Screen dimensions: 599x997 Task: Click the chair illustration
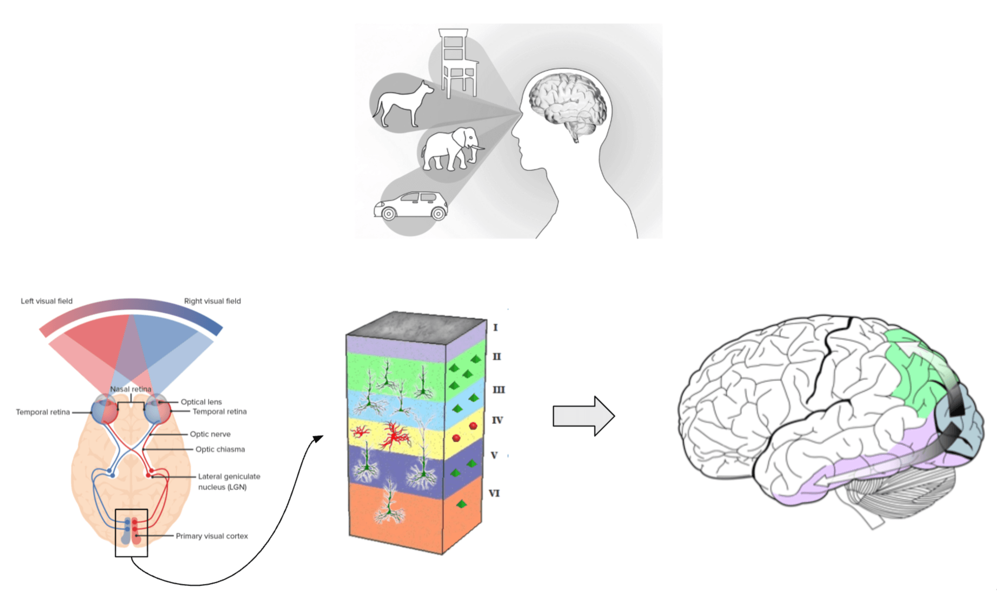[457, 62]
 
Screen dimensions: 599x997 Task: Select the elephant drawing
[450, 148]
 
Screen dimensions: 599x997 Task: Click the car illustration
[411, 206]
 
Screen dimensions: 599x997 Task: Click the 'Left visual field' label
[46, 301]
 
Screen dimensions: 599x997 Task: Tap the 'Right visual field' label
[212, 301]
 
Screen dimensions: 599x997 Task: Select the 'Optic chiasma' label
[220, 449]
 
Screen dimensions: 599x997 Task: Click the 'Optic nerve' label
[210, 434]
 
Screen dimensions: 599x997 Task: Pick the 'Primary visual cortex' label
[212, 536]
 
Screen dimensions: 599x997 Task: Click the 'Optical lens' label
[201, 402]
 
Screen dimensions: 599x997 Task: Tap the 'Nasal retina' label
[131, 389]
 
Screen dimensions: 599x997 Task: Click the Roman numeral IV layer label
[497, 420]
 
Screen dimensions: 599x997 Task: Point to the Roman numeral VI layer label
[494, 493]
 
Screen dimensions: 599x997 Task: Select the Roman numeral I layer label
[495, 328]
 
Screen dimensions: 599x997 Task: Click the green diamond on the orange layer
[461, 504]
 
